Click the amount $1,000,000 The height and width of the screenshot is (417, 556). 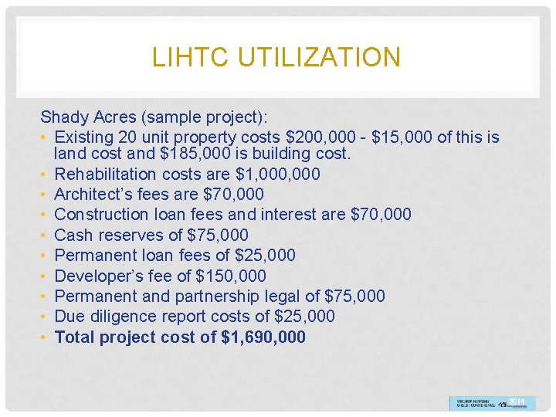(277, 174)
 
